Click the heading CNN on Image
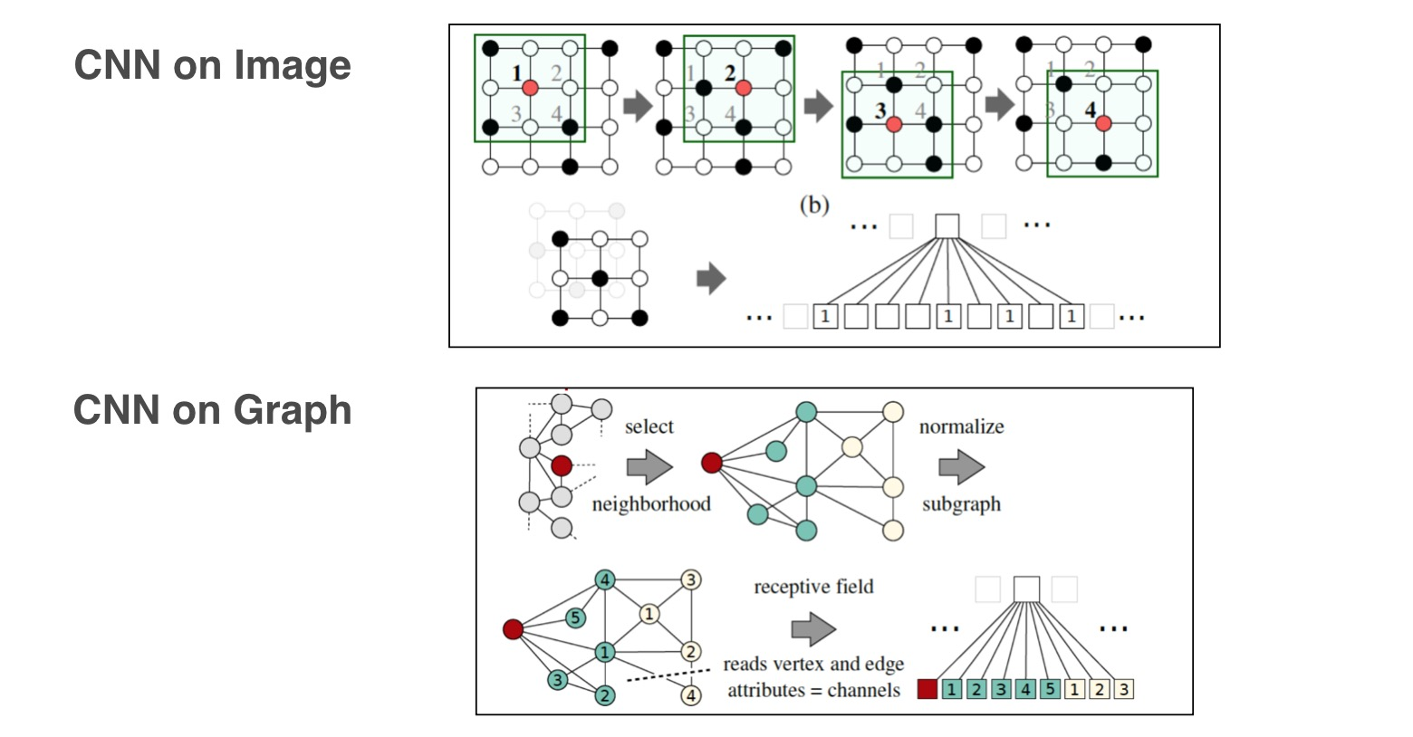pos(213,65)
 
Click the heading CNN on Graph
pos(213,410)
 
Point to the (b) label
pos(814,205)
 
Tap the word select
pos(649,426)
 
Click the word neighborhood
pos(651,503)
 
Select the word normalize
pos(961,426)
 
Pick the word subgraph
pos(961,504)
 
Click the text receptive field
pos(813,587)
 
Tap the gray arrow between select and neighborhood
pos(649,467)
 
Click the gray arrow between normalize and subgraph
pos(962,467)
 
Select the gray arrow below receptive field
pos(813,628)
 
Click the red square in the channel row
pos(927,689)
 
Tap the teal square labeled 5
pos(1050,689)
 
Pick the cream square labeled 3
pos(1123,689)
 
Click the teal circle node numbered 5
pos(575,617)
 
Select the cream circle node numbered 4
pos(691,695)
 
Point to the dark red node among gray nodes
pos(562,466)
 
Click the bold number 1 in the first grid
pos(516,73)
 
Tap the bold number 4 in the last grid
pos(1090,110)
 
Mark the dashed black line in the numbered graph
pos(668,675)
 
